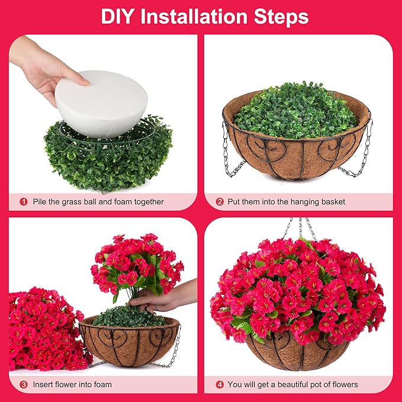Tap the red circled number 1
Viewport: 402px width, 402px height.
(x=24, y=202)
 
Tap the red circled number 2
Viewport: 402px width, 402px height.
(x=220, y=202)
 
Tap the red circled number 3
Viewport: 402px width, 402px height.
(x=24, y=384)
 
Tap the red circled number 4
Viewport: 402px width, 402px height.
(x=220, y=384)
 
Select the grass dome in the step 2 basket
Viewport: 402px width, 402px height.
(x=296, y=112)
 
